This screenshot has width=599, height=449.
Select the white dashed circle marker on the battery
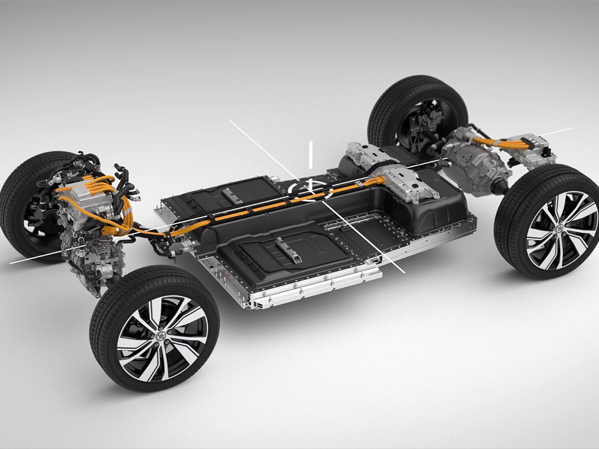310,189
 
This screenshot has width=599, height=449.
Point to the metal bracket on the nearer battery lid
287,249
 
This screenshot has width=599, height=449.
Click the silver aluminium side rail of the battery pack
316,287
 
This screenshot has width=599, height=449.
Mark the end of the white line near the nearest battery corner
403,272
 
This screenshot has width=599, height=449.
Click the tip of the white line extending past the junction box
572,128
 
